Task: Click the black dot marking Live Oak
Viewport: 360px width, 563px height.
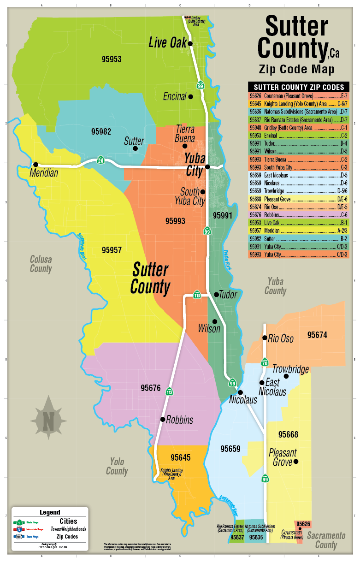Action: [190, 43]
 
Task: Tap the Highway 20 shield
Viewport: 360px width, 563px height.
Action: [100, 160]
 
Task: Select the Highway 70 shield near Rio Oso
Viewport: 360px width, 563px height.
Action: [264, 362]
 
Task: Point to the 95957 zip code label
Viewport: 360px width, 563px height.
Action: [112, 250]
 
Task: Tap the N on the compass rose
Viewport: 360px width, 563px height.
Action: [48, 420]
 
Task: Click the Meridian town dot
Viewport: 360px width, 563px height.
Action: [35, 164]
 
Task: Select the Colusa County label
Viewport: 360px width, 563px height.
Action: [41, 264]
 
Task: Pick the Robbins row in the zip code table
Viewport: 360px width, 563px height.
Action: [298, 215]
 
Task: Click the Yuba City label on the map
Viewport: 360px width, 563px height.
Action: [194, 165]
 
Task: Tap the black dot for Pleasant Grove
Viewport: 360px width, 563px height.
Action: [296, 461]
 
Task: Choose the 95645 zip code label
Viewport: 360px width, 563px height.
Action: [180, 457]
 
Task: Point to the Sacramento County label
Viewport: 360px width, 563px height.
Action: [326, 540]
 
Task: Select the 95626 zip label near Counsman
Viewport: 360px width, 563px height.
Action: [303, 524]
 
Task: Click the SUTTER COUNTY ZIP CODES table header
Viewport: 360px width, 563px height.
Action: [298, 87]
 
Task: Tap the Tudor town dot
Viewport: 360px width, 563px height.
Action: [216, 294]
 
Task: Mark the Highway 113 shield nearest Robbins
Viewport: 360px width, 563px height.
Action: [169, 391]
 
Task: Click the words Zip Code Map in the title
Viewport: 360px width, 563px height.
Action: [296, 69]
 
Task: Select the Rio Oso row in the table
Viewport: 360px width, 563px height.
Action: [298, 207]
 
